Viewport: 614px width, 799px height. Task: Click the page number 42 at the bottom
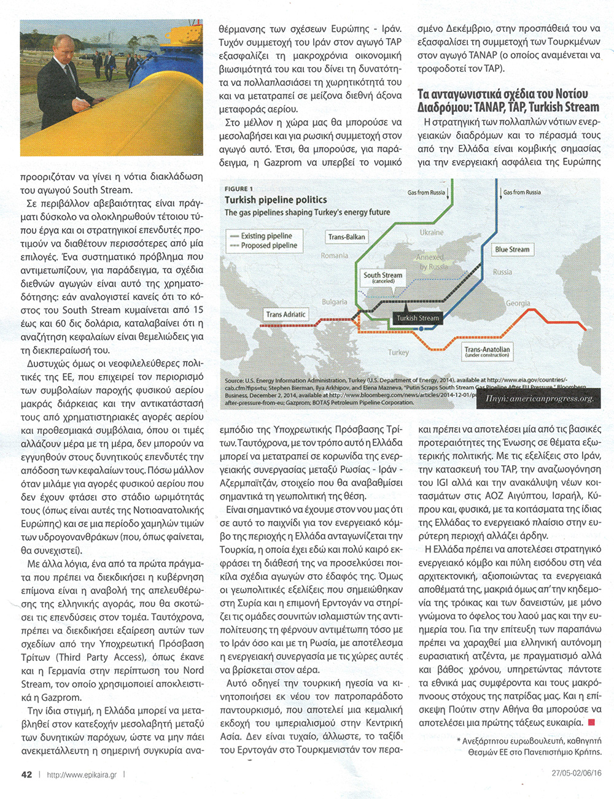26,774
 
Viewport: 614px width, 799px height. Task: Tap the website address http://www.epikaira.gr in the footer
82,775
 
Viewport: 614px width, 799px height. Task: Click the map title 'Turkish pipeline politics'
276,200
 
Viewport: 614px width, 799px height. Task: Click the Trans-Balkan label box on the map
346,237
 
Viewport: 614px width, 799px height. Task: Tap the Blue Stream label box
512,250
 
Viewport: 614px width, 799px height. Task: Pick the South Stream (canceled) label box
383,277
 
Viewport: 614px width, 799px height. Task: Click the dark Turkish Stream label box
418,318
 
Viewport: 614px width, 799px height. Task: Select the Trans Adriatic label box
286,315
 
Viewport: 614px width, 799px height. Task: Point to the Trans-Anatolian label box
487,351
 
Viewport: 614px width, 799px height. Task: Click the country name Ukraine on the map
432,233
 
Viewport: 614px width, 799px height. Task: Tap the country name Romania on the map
335,255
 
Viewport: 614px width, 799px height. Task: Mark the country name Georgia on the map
518,303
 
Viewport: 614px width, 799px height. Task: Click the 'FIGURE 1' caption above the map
238,188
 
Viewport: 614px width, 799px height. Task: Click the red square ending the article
591,722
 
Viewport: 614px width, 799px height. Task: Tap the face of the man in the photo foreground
61,47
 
